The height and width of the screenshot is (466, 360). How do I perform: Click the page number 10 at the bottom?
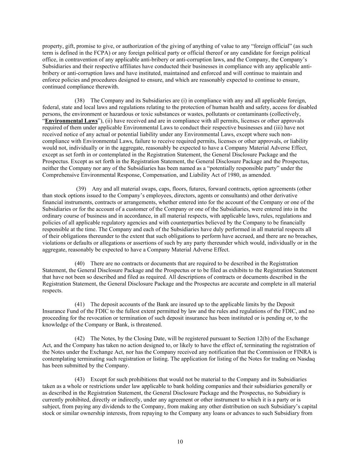(x=180, y=442)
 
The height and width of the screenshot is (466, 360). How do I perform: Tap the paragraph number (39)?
(x=81, y=189)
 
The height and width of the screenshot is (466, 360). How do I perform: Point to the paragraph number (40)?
(x=80, y=264)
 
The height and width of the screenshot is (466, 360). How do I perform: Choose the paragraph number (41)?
(x=80, y=304)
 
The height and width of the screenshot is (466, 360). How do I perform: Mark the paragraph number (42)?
(x=80, y=338)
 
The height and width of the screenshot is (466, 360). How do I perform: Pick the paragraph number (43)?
(x=80, y=379)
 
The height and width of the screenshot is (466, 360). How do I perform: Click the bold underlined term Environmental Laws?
(x=71, y=121)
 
